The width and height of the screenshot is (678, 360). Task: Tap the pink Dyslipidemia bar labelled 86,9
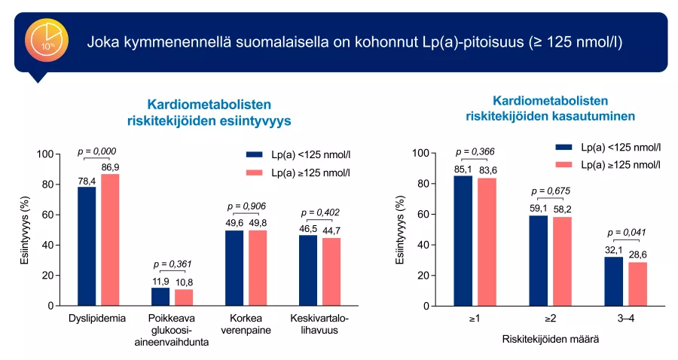(111, 240)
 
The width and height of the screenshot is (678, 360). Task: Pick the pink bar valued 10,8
(184, 297)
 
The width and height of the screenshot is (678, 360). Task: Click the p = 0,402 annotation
(320, 212)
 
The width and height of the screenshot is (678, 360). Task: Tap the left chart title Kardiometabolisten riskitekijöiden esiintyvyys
(208, 111)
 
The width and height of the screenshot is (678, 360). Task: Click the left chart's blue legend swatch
(255, 154)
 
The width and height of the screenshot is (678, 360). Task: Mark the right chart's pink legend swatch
(564, 164)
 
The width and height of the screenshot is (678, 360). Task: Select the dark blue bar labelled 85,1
(463, 241)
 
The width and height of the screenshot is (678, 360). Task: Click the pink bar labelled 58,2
(562, 261)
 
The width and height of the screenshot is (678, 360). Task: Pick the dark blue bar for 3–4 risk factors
(613, 282)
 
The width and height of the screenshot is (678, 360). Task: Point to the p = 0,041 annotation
(625, 233)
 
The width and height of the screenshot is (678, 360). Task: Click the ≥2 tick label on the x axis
(550, 319)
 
